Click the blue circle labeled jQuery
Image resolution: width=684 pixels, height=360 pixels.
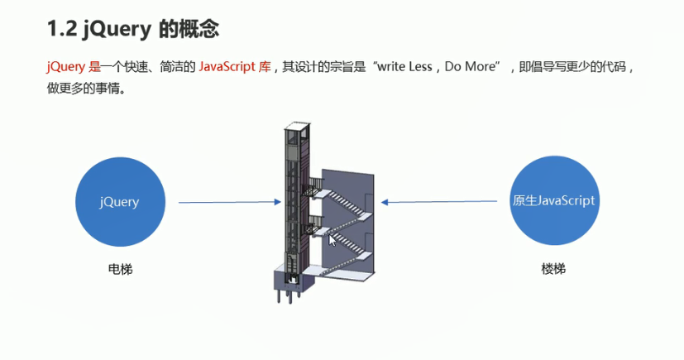119,201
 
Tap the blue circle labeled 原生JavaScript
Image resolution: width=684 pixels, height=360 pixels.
553,201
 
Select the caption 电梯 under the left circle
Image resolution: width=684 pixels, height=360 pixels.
120,270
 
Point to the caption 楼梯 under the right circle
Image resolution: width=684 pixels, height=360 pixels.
553,270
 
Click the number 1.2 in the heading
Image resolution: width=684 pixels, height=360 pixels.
63,29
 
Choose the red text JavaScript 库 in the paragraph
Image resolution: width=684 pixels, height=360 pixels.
235,67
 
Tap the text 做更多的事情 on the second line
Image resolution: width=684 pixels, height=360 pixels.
86,87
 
